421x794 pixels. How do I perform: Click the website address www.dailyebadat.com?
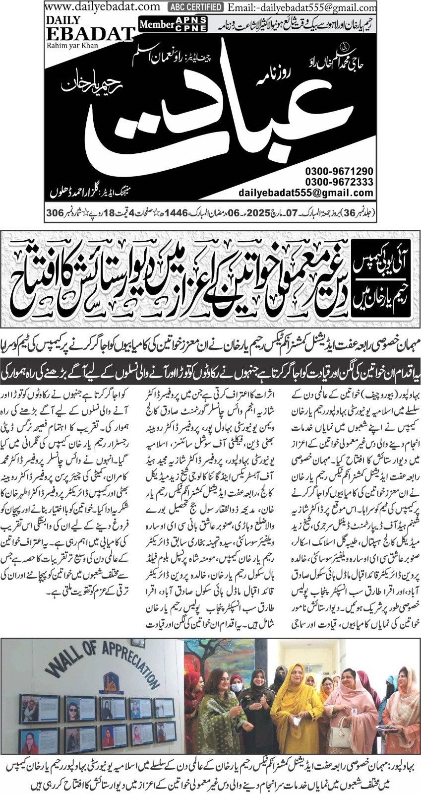103,7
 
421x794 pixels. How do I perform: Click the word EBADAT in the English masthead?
90,34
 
